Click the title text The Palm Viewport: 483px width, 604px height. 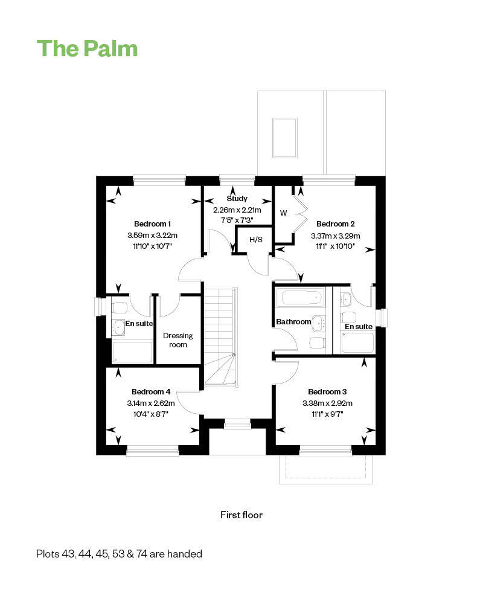88,48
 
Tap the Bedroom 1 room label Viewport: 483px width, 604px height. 152,224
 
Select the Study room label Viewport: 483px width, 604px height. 237,199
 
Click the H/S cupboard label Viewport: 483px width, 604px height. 256,240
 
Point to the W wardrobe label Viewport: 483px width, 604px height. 284,213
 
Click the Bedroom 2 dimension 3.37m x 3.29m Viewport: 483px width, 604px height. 336,236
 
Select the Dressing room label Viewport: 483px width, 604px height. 178,340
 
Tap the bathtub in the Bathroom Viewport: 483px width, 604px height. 301,298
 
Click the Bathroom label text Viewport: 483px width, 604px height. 293,322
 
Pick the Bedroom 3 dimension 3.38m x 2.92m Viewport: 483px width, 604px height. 327,403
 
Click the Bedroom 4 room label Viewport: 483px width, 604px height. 151,392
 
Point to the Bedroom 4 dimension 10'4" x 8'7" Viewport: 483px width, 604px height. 151,414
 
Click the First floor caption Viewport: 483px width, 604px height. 241,515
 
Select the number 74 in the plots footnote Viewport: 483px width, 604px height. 142,554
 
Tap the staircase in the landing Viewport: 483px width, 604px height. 220,336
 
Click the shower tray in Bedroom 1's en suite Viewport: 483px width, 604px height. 132,352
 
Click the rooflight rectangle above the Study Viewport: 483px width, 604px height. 284,138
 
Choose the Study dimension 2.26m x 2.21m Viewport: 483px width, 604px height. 237,210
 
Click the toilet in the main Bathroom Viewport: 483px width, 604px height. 318,342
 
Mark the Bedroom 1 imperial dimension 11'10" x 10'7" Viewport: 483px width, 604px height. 153,246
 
